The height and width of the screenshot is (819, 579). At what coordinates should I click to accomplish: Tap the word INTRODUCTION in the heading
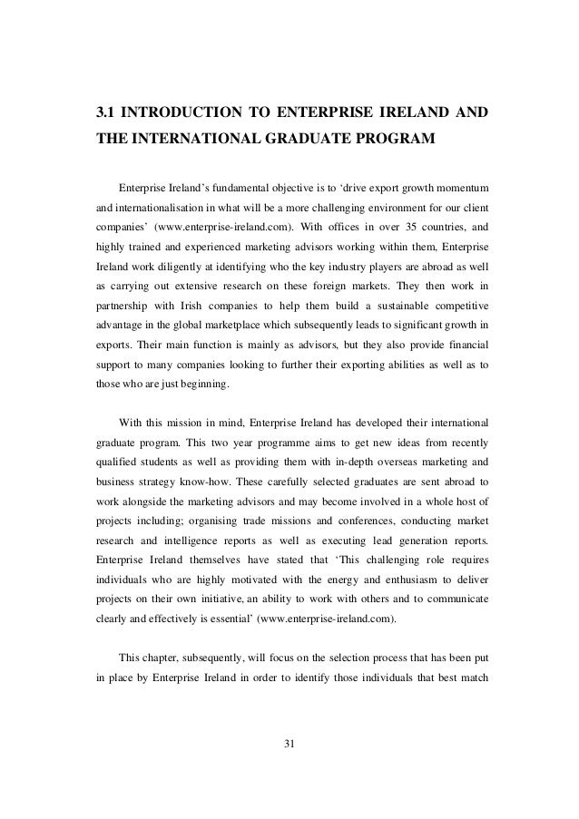pyautogui.click(x=182, y=116)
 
